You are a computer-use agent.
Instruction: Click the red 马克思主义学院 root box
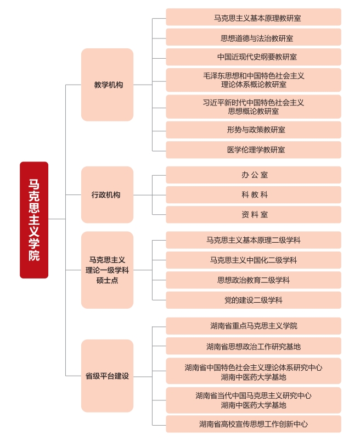pos(34,220)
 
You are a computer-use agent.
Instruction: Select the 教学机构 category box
pos(107,85)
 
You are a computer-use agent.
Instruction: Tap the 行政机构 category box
pos(107,194)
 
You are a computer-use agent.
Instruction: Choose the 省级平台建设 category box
pos(107,376)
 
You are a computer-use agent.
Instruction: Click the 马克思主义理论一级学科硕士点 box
pos(107,270)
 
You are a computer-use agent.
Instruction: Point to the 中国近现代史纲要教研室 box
pos(254,57)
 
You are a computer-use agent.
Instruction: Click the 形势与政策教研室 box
pos(254,130)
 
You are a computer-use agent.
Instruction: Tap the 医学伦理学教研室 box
pos(254,149)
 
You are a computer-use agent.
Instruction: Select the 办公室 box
pos(254,175)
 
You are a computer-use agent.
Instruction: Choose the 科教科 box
pos(254,195)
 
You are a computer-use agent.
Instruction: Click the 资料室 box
pos(254,215)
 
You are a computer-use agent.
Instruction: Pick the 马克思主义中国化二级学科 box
pos(254,260)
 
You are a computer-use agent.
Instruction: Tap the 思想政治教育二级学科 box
pos(254,280)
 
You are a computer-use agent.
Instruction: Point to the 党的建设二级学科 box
pos(254,300)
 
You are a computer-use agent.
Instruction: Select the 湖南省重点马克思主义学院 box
pos(254,326)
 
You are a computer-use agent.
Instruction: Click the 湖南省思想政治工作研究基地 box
pos(254,346)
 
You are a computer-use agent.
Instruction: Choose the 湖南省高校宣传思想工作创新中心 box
pos(254,424)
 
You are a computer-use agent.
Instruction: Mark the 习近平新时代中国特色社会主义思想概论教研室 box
pos(254,107)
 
